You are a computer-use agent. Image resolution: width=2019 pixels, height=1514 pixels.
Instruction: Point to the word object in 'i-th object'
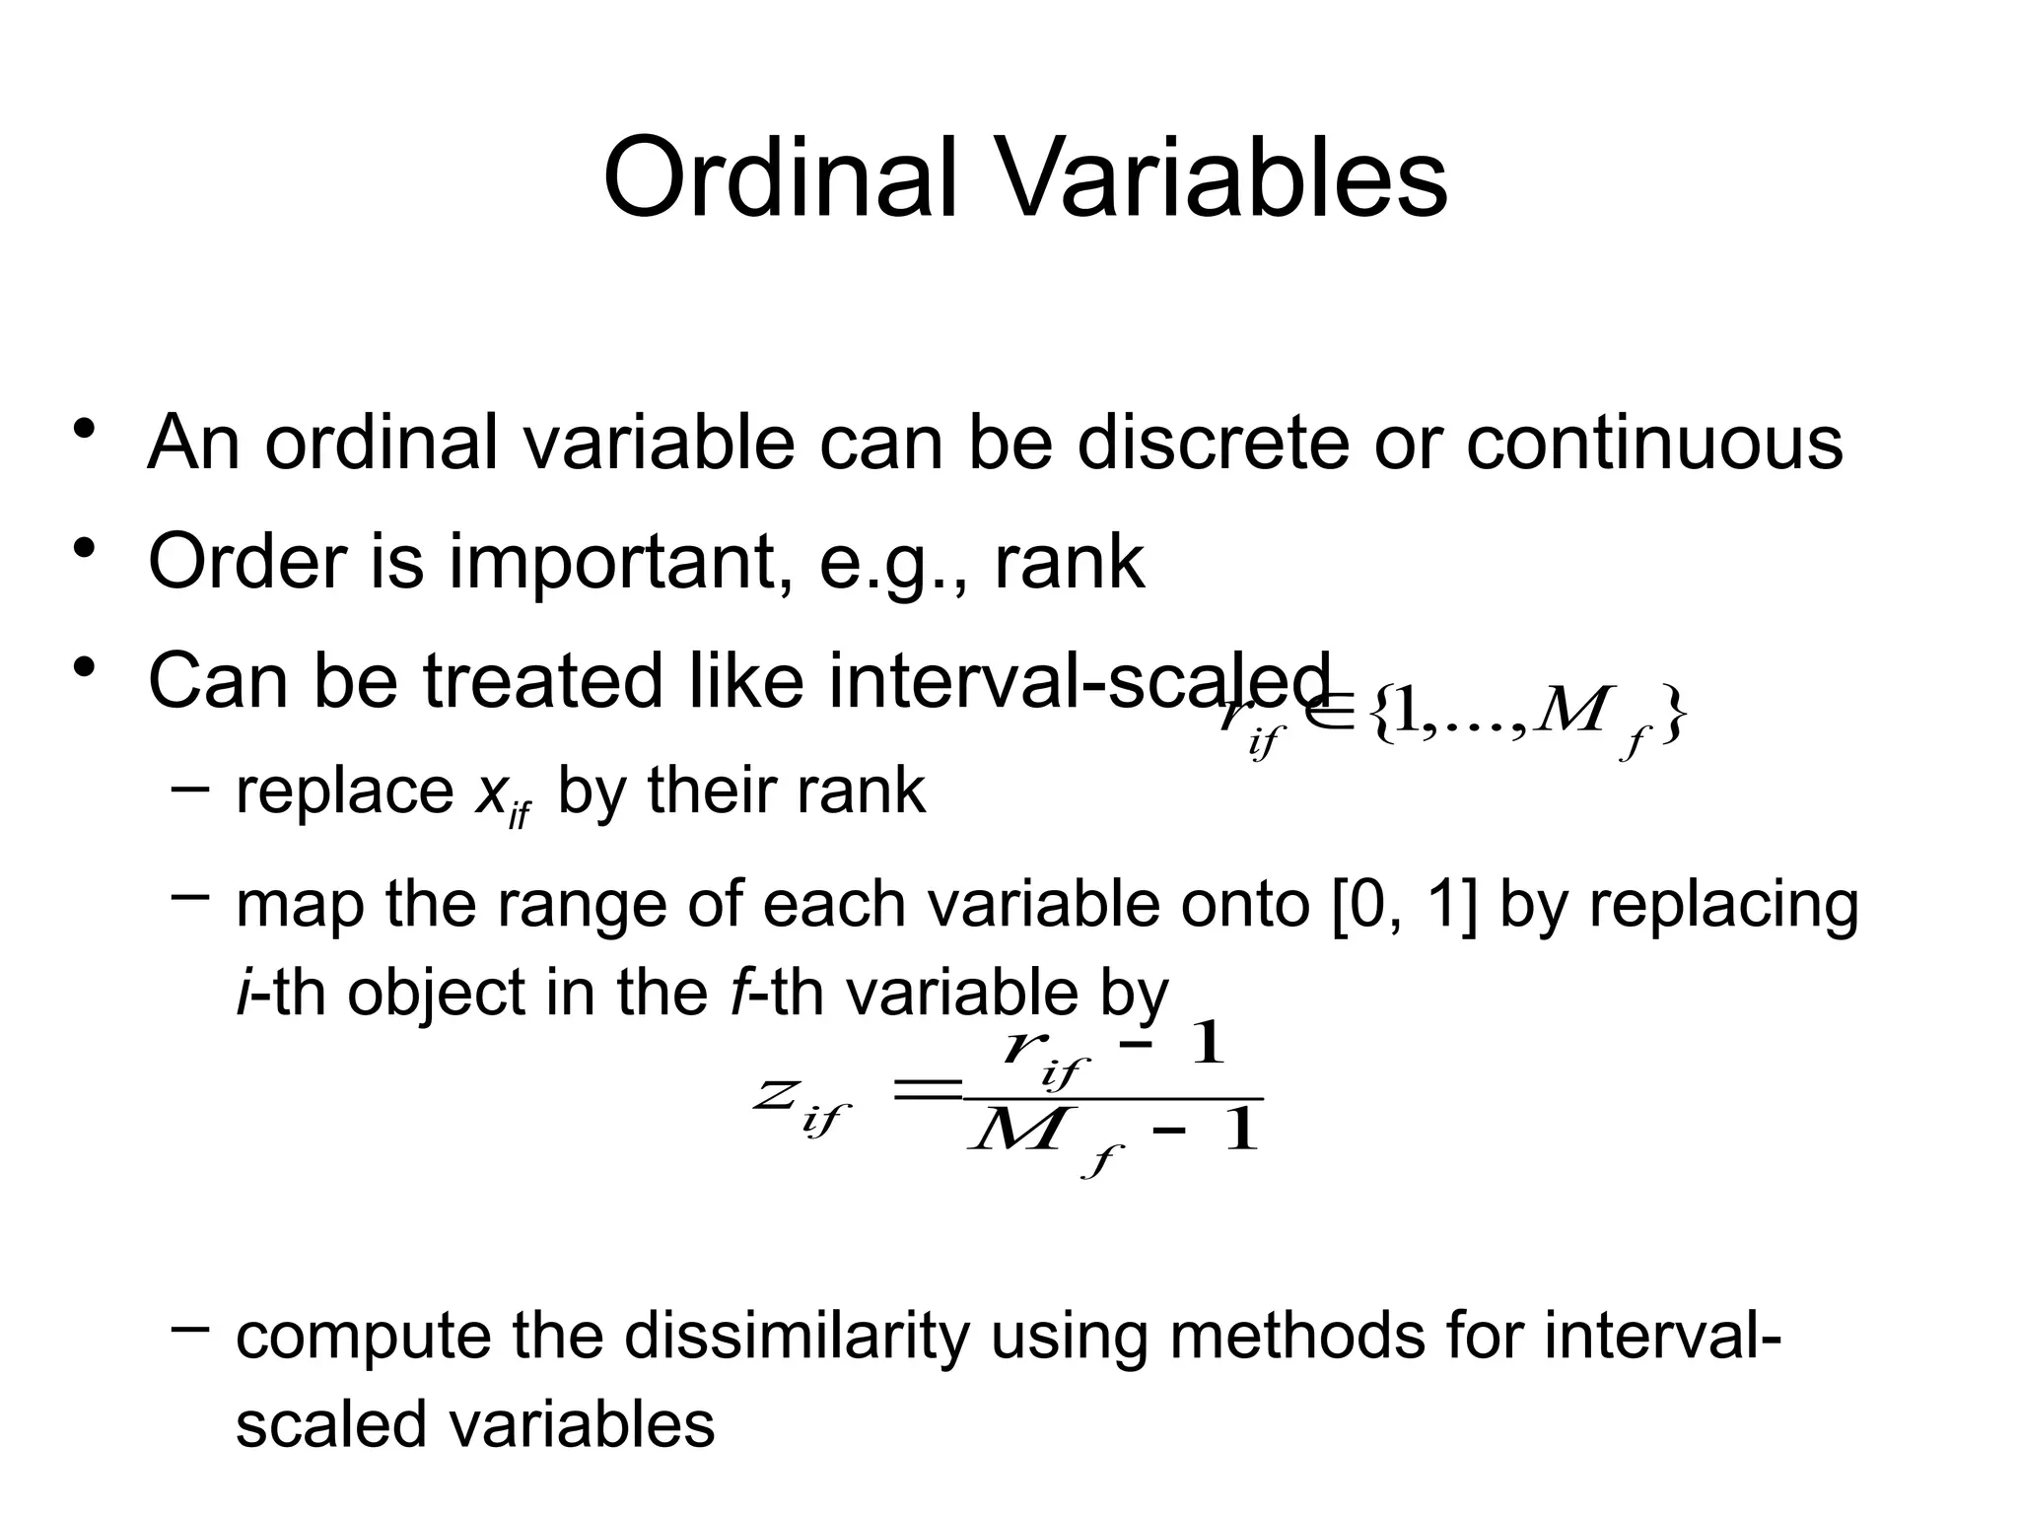click(x=436, y=994)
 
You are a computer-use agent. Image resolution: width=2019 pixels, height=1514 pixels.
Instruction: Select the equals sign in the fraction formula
click(x=925, y=1089)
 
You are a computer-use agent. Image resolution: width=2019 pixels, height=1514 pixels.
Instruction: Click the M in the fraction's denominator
click(x=1015, y=1131)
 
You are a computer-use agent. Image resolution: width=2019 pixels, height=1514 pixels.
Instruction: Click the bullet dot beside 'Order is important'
click(x=84, y=547)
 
